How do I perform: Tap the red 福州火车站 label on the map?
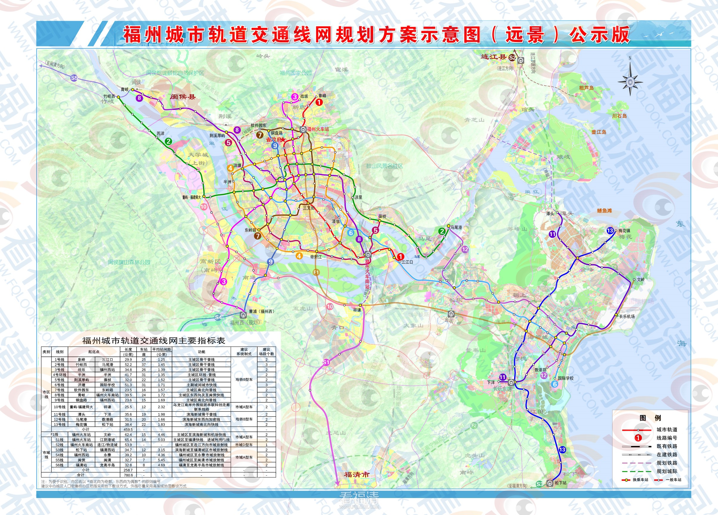[318, 129]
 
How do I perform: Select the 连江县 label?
[494, 57]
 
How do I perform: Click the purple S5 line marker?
[74, 78]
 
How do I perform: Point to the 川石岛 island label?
[619, 116]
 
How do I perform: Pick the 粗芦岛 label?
[586, 88]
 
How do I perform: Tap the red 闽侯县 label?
[183, 97]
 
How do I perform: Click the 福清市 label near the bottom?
[356, 474]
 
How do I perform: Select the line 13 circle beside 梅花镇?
[610, 231]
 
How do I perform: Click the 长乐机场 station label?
[627, 316]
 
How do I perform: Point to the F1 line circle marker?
[316, 272]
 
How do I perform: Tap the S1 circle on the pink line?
[326, 362]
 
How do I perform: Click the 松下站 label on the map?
[561, 483]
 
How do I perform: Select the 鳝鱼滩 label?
[604, 210]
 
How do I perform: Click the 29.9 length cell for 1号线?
[128, 360]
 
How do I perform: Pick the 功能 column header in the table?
[201, 352]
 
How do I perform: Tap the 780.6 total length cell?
[128, 475]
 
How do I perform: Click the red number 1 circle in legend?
[638, 438]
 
